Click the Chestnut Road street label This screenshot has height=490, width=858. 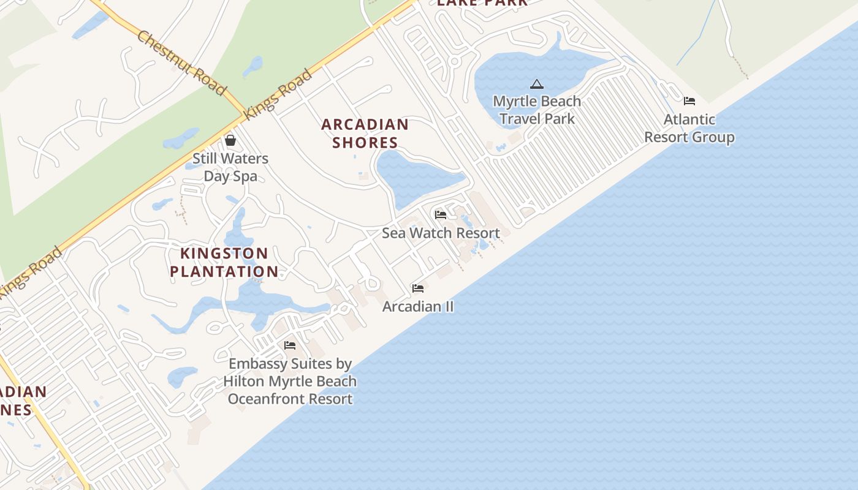(x=181, y=63)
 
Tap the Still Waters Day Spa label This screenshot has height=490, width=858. (x=230, y=167)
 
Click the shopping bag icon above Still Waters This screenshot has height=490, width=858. (x=230, y=141)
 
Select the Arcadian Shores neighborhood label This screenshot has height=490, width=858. (x=365, y=134)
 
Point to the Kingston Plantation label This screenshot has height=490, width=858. (x=224, y=262)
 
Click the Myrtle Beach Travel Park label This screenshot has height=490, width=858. (x=537, y=110)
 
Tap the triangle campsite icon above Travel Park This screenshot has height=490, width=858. (x=537, y=84)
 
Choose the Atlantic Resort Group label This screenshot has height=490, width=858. (x=689, y=128)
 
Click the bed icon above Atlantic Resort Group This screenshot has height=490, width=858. (x=689, y=101)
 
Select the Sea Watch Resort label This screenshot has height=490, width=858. (x=441, y=233)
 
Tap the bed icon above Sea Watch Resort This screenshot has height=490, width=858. (x=440, y=215)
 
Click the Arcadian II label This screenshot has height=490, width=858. (x=418, y=306)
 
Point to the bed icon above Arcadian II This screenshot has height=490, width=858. (x=418, y=288)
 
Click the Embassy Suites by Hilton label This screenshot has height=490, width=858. (x=290, y=381)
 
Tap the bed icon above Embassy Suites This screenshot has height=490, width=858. (x=290, y=345)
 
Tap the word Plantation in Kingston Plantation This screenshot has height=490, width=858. (x=224, y=271)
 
